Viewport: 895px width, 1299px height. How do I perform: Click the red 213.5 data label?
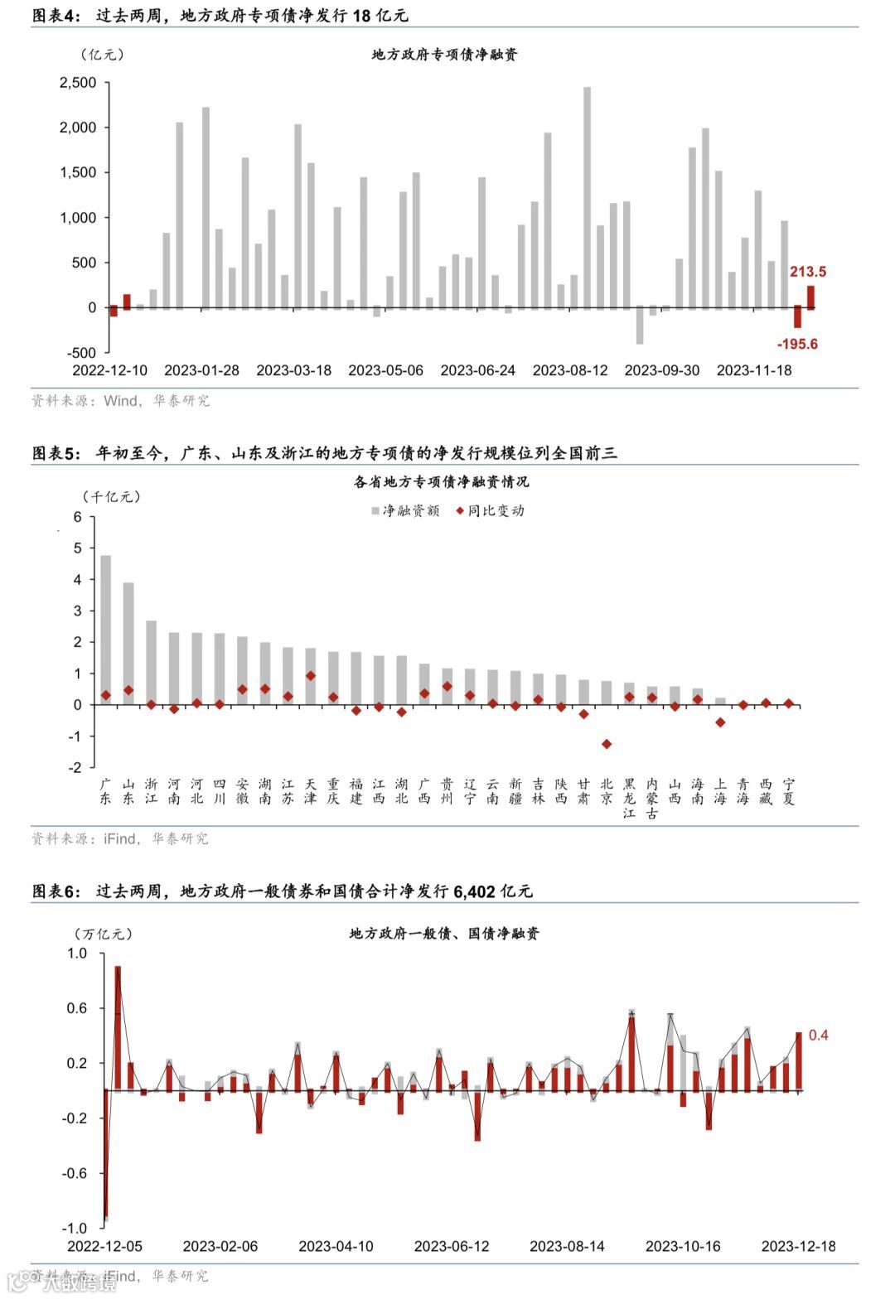(x=807, y=272)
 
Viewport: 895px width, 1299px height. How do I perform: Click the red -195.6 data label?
(x=796, y=344)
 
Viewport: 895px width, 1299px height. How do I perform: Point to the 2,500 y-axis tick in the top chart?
(x=78, y=83)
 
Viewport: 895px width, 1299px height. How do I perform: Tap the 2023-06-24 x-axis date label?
(x=477, y=370)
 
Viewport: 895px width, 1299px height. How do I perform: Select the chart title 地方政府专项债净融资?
(x=444, y=55)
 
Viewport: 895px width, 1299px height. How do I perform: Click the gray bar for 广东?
(x=106, y=630)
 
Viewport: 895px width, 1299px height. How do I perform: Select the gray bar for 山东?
(x=128, y=643)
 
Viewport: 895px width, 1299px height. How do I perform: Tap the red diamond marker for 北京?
(x=607, y=744)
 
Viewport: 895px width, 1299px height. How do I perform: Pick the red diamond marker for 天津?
(x=311, y=676)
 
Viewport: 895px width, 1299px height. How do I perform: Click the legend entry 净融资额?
(x=405, y=511)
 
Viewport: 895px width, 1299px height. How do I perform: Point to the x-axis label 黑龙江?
(x=629, y=798)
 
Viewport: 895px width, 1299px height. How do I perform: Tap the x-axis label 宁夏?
(x=788, y=791)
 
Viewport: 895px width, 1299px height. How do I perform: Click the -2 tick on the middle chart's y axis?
(x=77, y=768)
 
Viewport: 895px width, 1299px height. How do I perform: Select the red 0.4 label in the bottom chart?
(x=818, y=1035)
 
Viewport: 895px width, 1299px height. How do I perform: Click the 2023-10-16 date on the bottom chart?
(x=683, y=1246)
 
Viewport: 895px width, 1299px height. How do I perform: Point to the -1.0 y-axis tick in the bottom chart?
(x=75, y=1228)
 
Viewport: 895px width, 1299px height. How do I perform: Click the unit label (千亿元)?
(x=111, y=497)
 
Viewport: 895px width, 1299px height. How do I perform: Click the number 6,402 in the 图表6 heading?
(x=474, y=891)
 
